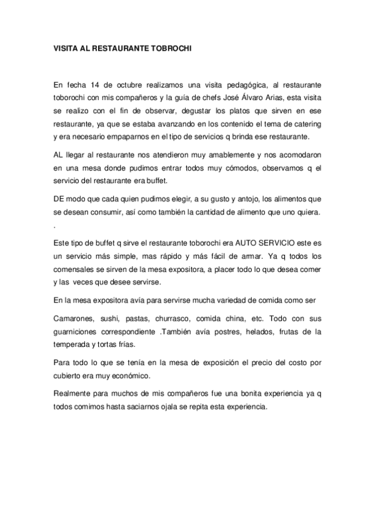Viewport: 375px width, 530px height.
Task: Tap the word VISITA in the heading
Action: (66, 47)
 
